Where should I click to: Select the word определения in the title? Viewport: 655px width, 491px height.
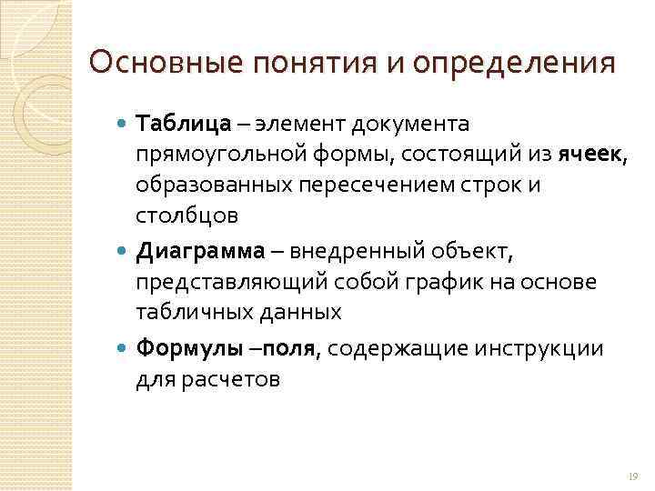[x=513, y=63]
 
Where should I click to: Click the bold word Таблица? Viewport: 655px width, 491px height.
[x=181, y=123]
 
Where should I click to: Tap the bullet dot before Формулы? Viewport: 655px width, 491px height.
[x=124, y=349]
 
